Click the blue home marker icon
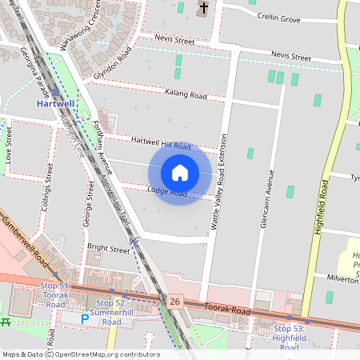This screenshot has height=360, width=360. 180,173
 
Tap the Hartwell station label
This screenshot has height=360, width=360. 55,103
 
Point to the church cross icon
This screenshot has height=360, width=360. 204,9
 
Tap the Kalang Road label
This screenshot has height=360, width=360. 186,95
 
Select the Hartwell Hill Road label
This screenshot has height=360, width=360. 161,142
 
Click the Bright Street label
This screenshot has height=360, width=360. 108,249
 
